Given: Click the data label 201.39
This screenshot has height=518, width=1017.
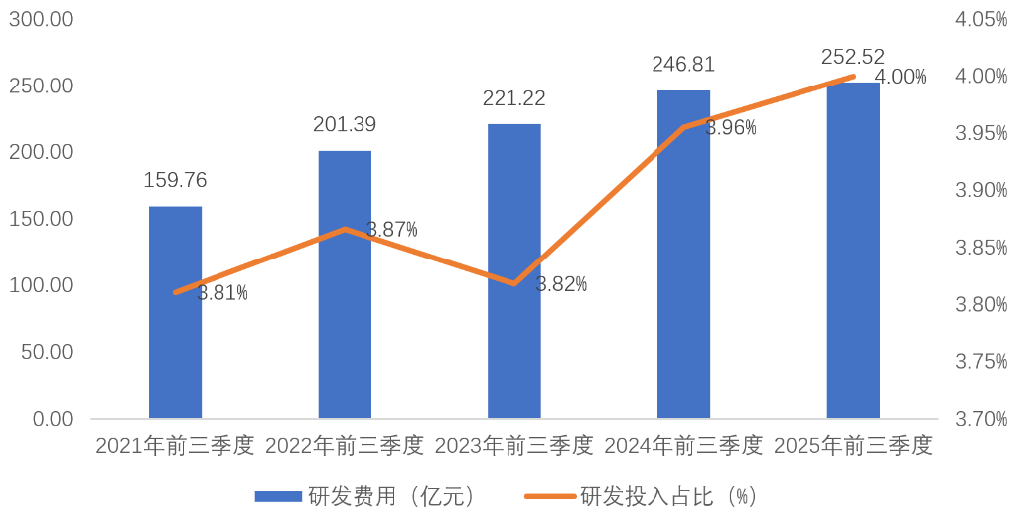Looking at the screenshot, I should [345, 125].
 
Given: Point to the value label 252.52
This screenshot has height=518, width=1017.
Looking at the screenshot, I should [853, 57].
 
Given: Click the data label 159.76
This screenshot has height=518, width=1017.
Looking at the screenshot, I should [175, 181].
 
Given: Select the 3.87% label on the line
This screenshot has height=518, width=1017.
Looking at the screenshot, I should [391, 230].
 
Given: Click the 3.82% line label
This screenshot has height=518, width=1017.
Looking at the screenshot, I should [561, 284].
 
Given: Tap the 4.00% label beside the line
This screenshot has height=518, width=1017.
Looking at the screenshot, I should [900, 77].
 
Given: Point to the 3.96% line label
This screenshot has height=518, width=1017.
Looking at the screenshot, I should [731, 128].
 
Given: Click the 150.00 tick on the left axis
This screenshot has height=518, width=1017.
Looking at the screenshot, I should [41, 219].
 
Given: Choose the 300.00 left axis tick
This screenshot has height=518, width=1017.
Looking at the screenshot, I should [41, 19].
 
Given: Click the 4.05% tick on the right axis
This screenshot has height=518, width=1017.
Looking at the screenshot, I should [981, 19].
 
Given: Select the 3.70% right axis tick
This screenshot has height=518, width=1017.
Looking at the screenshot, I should [981, 419].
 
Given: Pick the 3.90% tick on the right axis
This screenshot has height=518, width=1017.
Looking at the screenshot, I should [981, 190].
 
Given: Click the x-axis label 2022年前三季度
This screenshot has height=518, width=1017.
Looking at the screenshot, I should [345, 446].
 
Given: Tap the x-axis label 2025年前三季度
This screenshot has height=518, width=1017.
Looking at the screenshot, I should [853, 446].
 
